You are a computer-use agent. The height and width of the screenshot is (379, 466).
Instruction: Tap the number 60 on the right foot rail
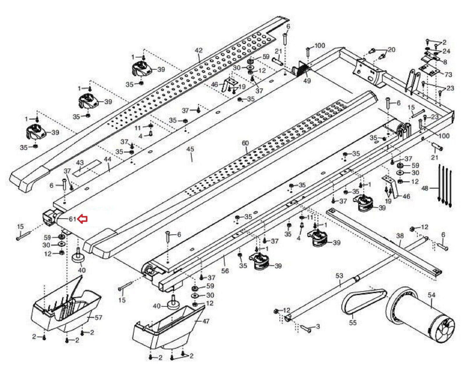pos(245,143)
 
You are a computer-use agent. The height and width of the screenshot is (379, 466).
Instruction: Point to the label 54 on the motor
pos(431,295)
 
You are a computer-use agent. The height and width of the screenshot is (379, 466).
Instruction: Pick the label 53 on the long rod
pos(339,276)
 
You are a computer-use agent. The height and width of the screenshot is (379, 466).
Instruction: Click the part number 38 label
pos(400,235)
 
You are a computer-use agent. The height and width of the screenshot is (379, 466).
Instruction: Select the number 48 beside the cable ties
pos(425,188)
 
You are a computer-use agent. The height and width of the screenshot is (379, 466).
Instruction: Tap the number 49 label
pos(307,81)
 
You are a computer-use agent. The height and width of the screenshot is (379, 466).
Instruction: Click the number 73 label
pos(448,74)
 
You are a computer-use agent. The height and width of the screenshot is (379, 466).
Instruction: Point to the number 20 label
pos(391,50)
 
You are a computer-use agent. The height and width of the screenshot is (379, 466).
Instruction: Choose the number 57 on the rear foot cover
pos(99,317)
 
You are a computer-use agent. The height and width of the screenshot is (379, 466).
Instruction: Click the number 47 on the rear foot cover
pos(206,321)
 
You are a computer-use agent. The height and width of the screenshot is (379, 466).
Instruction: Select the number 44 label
pos(107,159)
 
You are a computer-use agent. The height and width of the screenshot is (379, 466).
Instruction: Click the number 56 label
pos(225,271)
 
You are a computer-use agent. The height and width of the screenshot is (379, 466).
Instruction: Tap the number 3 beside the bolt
pos(317,326)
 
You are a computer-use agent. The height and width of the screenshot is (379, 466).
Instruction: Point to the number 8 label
pos(445,62)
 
